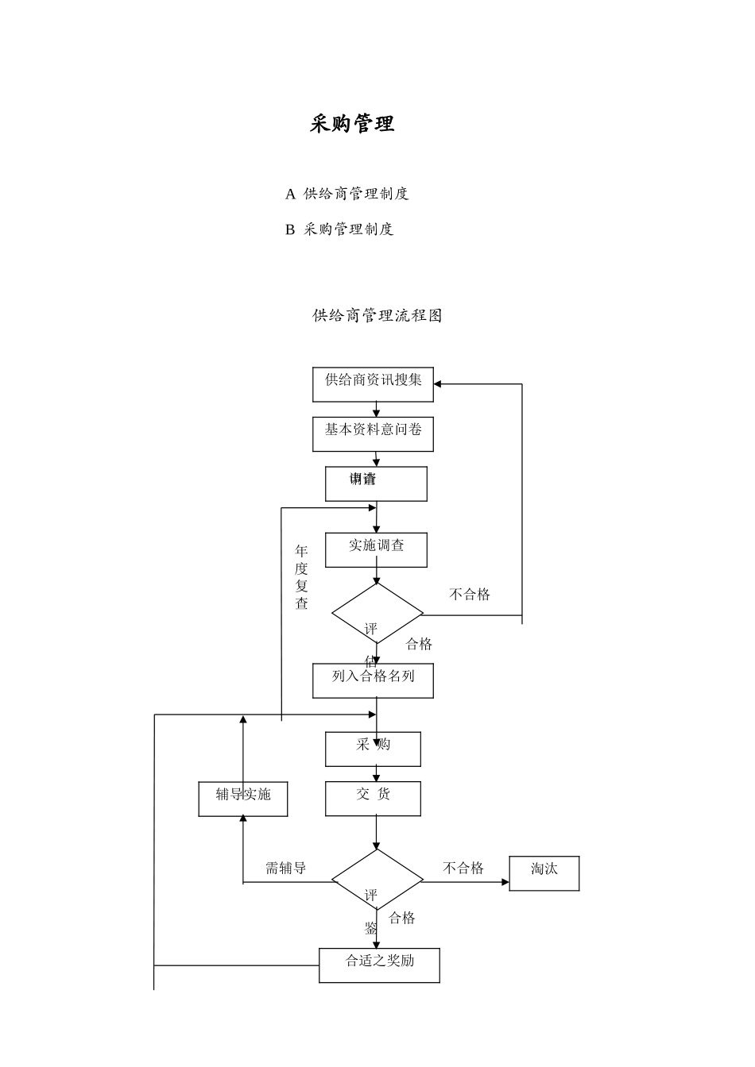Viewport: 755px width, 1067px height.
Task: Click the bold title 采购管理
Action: point(352,124)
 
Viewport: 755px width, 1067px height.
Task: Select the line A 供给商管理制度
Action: point(347,194)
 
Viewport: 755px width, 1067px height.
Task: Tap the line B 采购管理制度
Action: point(339,229)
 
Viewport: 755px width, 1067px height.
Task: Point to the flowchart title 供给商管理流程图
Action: point(377,315)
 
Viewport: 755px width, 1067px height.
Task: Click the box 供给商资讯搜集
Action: point(373,384)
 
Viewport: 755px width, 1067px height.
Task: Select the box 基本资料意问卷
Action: point(373,433)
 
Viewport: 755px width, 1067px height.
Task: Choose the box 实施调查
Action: point(376,549)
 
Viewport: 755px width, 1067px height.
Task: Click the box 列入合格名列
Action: point(373,680)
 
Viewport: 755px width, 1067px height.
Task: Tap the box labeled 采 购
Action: point(373,749)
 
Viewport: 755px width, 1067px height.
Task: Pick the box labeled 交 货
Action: point(373,798)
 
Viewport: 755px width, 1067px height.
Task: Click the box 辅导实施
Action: point(243,798)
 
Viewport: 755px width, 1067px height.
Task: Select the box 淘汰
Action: point(544,872)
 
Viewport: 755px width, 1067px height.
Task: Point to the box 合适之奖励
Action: point(379,965)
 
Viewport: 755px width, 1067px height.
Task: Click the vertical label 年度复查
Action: point(301,577)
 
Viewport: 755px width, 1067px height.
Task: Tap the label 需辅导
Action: point(285,869)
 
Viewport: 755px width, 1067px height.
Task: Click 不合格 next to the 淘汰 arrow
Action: point(463,869)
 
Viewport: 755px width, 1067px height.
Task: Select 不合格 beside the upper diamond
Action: point(470,595)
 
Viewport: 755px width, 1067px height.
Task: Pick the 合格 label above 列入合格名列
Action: point(419,644)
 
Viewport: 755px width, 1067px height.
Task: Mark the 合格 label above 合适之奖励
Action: point(402,918)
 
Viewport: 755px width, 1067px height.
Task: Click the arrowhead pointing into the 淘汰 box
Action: point(505,882)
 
